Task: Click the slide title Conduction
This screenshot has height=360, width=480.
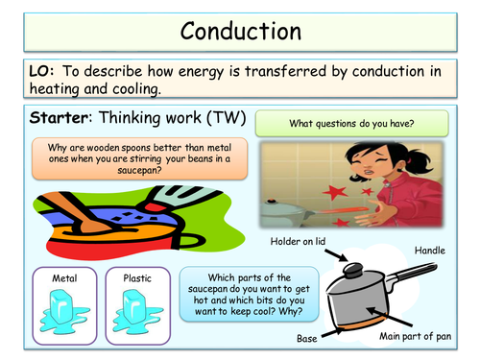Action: (239, 28)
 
